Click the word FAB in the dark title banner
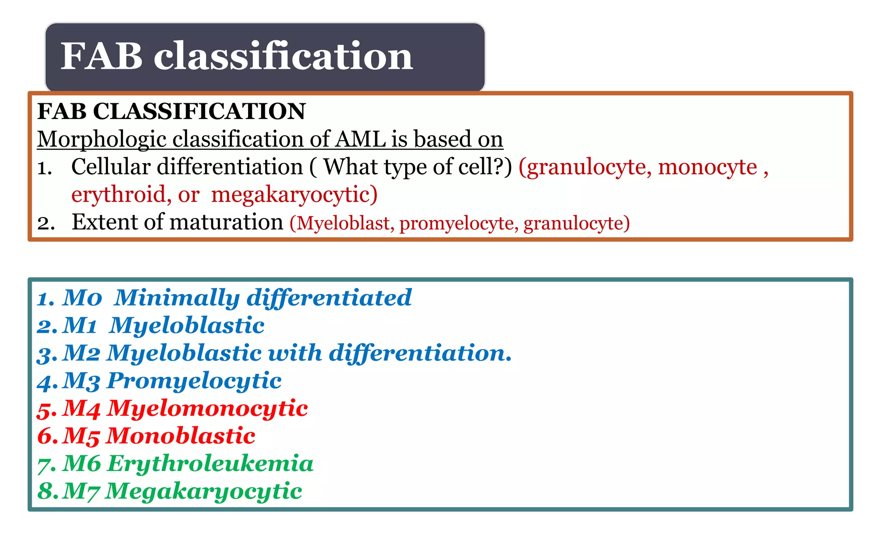tap(101, 56)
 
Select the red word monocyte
tap(707, 167)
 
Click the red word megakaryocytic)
tap(294, 195)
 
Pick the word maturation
tap(226, 222)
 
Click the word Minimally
tap(177, 298)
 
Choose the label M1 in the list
tap(80, 326)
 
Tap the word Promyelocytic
tap(194, 381)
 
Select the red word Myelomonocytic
tap(207, 408)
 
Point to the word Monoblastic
tap(181, 436)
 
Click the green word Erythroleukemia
tap(210, 464)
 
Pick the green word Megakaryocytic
tap(203, 491)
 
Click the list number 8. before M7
tap(47, 491)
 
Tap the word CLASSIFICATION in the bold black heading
tap(199, 111)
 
